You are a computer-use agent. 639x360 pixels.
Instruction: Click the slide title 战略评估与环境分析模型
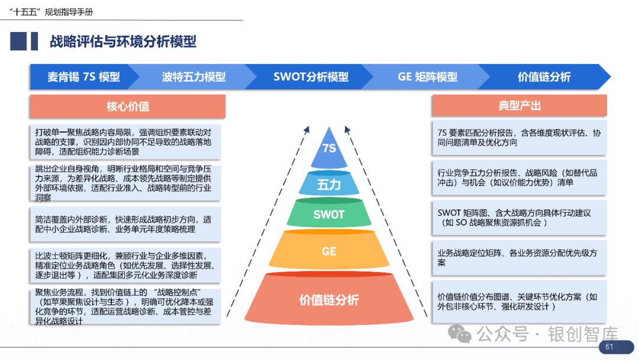[123, 41]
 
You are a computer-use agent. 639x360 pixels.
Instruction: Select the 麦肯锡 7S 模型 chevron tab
[83, 77]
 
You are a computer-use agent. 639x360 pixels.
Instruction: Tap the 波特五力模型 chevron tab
[193, 77]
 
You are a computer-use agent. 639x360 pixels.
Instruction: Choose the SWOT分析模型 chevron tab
[311, 77]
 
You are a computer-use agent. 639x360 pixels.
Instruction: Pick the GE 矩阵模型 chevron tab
[427, 77]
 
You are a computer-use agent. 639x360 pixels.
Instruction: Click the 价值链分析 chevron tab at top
[544, 77]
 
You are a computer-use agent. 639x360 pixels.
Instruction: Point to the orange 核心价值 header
[128, 107]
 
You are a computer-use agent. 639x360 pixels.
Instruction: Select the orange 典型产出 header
[519, 106]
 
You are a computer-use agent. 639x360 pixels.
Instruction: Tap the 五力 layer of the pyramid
[329, 184]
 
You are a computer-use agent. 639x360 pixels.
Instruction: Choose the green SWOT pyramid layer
[329, 214]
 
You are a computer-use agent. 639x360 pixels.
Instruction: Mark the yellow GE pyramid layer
[329, 251]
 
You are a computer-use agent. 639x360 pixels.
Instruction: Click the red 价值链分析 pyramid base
[329, 300]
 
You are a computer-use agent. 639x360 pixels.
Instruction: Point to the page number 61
[609, 347]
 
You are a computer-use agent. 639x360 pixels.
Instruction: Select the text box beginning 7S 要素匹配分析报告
[519, 138]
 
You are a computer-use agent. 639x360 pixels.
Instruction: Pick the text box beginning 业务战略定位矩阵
[519, 258]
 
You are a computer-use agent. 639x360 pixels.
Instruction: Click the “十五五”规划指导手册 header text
[51, 12]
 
